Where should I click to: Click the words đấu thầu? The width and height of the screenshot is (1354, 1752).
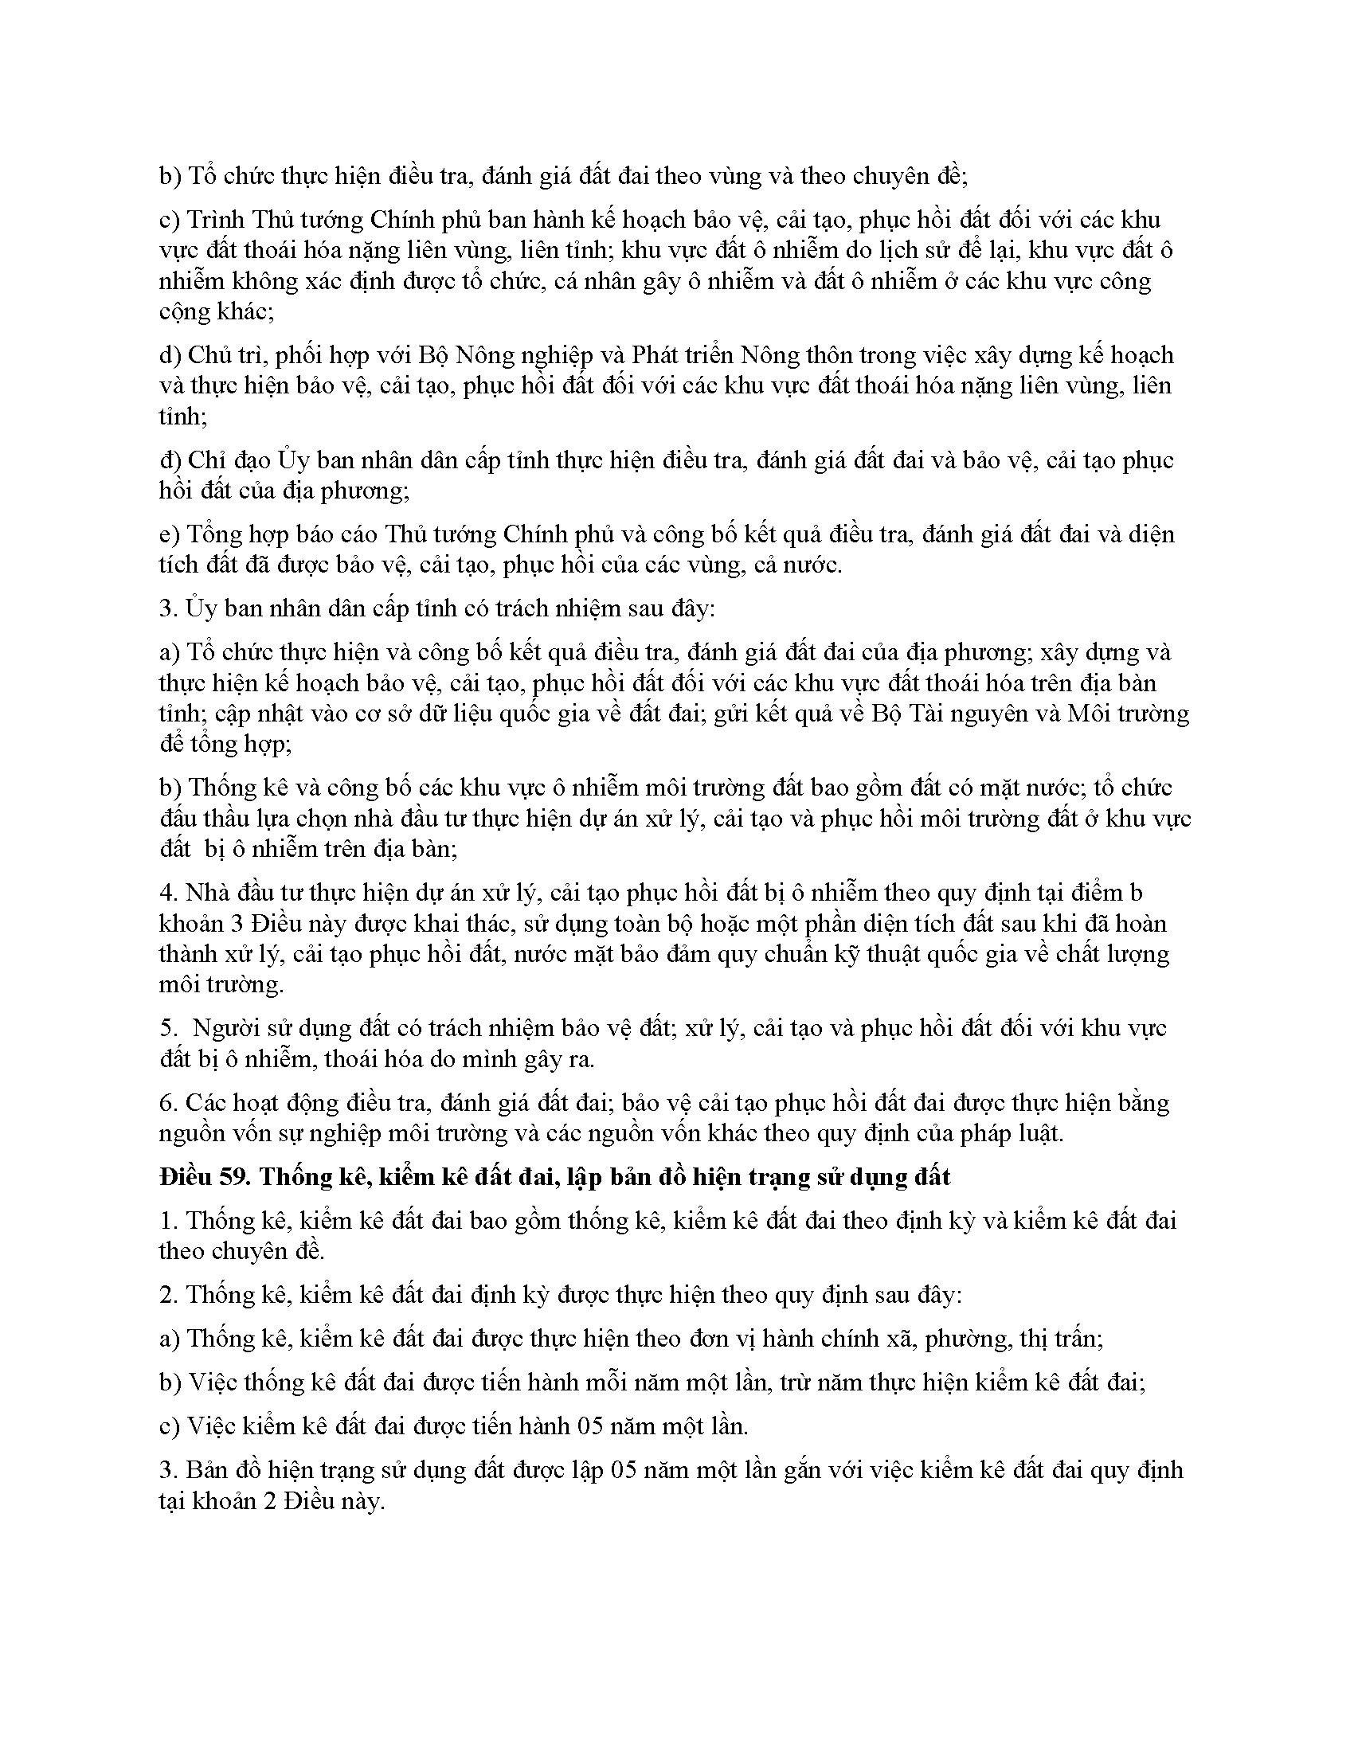(205, 819)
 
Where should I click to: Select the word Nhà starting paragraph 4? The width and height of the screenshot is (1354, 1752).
(205, 893)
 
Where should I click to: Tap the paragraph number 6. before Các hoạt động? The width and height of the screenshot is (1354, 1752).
(167, 1104)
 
